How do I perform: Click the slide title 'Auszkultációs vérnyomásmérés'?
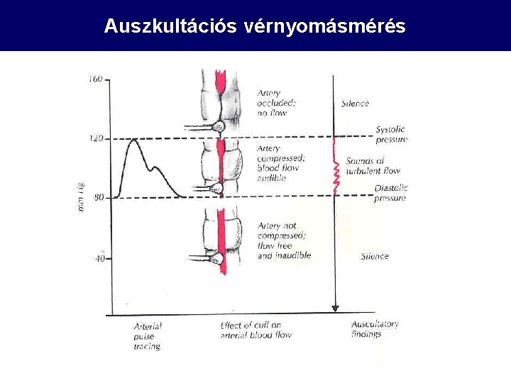[x=255, y=26]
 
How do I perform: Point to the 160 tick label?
[x=95, y=79]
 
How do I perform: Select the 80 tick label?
[x=97, y=197]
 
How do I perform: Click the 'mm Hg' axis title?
[x=82, y=195]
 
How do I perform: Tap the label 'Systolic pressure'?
[x=391, y=134]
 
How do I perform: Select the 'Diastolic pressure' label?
[x=391, y=193]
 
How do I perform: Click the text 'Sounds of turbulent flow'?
[x=373, y=165]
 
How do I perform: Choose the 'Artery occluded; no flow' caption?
[x=277, y=103]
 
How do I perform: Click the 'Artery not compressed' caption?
[x=284, y=240]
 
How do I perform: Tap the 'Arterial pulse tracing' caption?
[x=148, y=336]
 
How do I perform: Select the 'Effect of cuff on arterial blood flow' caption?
[x=255, y=330]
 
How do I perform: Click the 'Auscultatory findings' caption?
[x=375, y=329]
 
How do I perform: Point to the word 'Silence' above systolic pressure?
[x=355, y=104]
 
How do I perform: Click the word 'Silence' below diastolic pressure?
[x=375, y=256]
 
